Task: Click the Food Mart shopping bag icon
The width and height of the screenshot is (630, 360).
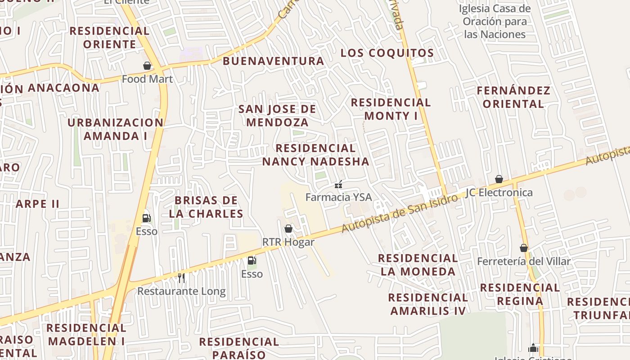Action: [x=147, y=66]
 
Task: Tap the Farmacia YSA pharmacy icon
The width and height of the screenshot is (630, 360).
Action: [x=338, y=184]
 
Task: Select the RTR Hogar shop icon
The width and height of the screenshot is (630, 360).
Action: [x=288, y=229]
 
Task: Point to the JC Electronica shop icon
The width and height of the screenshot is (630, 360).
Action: [x=499, y=179]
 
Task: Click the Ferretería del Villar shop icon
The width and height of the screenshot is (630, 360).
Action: [x=524, y=248]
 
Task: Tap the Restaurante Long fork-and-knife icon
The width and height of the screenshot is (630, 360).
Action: [x=181, y=278]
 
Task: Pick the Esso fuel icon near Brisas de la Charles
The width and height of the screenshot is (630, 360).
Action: [x=146, y=218]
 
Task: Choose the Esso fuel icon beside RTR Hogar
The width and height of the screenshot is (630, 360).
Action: [x=252, y=261]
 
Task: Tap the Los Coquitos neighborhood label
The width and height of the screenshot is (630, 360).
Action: [x=387, y=53]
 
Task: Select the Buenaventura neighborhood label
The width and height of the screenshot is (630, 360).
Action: [x=273, y=61]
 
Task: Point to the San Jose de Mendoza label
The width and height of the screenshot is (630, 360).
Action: [x=277, y=116]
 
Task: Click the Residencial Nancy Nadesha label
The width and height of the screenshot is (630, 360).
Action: [x=315, y=155]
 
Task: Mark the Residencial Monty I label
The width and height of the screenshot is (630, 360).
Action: [x=391, y=109]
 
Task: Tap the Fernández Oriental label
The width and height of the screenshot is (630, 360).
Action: [x=513, y=97]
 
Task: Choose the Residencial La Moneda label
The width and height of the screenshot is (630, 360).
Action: [x=418, y=265]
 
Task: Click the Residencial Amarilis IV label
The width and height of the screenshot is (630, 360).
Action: [x=427, y=304]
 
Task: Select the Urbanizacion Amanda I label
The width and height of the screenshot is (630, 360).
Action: [x=116, y=129]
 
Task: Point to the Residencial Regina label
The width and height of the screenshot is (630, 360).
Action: [x=520, y=294]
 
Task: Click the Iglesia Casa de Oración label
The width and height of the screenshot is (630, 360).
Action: [x=495, y=21]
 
